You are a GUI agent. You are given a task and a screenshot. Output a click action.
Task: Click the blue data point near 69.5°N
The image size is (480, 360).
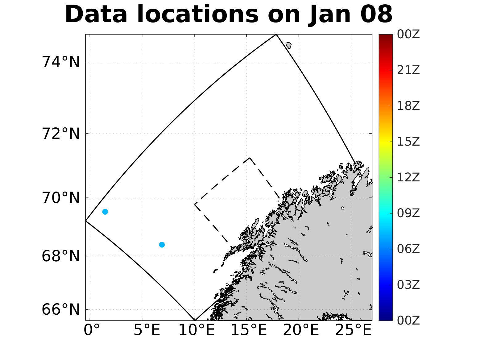pyautogui.click(x=105, y=212)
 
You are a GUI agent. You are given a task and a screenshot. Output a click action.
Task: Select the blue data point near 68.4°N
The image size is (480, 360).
pyautogui.click(x=162, y=245)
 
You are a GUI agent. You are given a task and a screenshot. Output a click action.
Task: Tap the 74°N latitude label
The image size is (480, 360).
pyautogui.click(x=61, y=62)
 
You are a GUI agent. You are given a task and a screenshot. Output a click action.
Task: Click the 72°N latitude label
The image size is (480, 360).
pyautogui.click(x=61, y=134)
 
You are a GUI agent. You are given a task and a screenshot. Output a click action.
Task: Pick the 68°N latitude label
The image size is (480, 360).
pyautogui.click(x=61, y=256)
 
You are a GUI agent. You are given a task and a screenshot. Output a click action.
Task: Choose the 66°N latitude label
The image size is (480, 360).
pyautogui.click(x=61, y=309)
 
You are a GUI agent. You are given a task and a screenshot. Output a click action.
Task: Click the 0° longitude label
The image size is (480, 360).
pyautogui.click(x=92, y=330)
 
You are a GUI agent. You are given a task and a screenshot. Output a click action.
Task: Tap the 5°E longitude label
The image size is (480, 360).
pyautogui.click(x=147, y=330)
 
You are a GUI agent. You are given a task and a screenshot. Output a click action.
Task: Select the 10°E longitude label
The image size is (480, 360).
pyautogui.click(x=197, y=330)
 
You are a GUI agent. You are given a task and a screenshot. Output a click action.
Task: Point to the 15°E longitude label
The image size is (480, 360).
pyautogui.click(x=249, y=330)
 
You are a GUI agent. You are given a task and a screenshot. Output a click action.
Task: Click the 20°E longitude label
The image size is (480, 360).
pyautogui.click(x=301, y=330)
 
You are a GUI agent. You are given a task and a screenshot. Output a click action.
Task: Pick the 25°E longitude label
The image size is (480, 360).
pyautogui.click(x=353, y=330)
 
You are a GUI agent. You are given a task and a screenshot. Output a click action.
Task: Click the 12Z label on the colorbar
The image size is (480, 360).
pyautogui.click(x=408, y=178)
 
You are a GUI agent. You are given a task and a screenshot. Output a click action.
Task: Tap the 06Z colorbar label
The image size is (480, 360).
pyautogui.click(x=408, y=249)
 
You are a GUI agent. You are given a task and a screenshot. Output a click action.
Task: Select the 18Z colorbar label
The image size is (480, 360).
pyautogui.click(x=408, y=106)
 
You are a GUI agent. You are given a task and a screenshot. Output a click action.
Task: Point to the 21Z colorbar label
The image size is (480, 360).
pyautogui.click(x=408, y=70)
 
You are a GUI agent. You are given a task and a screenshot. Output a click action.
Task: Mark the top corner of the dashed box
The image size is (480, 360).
pyautogui.click(x=250, y=158)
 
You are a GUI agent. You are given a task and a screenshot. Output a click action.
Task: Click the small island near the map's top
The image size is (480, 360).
pyautogui.click(x=288, y=46)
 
